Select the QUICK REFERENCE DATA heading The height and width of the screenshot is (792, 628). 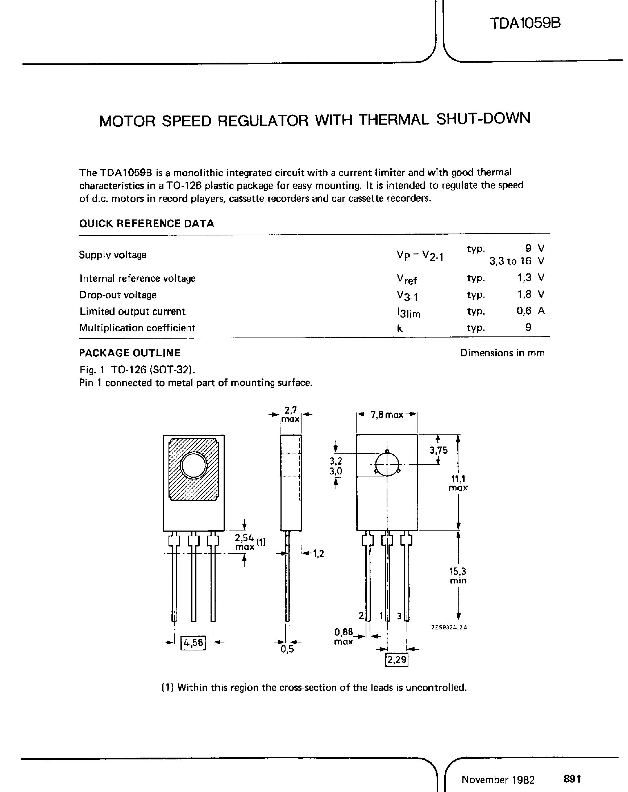146,223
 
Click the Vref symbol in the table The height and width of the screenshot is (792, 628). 406,280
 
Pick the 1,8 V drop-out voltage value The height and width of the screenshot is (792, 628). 530,295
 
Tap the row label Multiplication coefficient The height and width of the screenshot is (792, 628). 137,328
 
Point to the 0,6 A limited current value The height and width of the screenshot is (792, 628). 530,311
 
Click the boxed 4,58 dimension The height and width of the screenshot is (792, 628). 194,642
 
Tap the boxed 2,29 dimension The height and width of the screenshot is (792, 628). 397,660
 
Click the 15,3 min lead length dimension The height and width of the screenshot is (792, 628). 457,576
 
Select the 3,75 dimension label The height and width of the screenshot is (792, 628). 438,451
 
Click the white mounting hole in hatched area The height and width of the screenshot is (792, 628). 194,466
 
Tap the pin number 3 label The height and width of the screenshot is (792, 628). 399,616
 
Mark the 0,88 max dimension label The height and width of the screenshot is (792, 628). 344,637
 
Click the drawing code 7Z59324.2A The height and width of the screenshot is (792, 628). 449,628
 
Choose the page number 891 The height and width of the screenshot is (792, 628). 572,779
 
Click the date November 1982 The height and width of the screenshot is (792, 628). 498,780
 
